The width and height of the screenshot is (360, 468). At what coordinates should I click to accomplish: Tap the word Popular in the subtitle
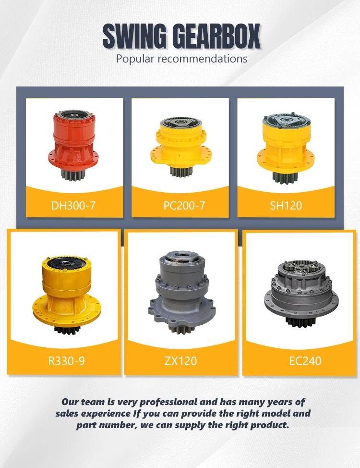(x=135, y=59)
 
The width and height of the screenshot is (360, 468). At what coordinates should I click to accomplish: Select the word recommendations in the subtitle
(x=202, y=59)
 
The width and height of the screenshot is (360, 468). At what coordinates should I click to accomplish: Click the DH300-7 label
(x=73, y=205)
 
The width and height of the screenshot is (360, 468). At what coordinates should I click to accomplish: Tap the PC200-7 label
(x=184, y=205)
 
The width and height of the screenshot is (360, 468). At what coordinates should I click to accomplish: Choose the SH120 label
(x=286, y=205)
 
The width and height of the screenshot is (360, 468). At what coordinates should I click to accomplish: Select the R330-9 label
(x=67, y=361)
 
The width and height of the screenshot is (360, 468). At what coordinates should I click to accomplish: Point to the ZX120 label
(x=181, y=361)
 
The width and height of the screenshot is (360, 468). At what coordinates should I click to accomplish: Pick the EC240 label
(x=305, y=361)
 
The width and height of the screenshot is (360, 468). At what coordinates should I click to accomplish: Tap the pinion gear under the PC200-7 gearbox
(x=181, y=172)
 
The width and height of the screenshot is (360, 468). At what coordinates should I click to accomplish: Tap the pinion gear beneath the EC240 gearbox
(x=300, y=322)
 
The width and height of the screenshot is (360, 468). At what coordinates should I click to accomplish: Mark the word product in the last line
(x=270, y=425)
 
